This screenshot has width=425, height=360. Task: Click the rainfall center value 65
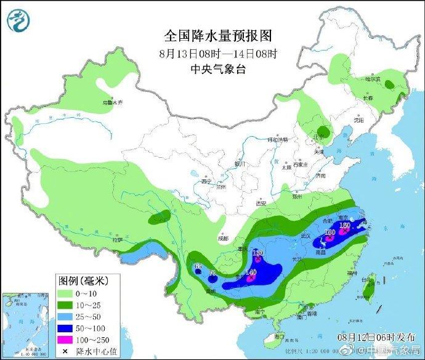tap(198, 267)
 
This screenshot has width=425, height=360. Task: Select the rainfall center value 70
tap(212, 273)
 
